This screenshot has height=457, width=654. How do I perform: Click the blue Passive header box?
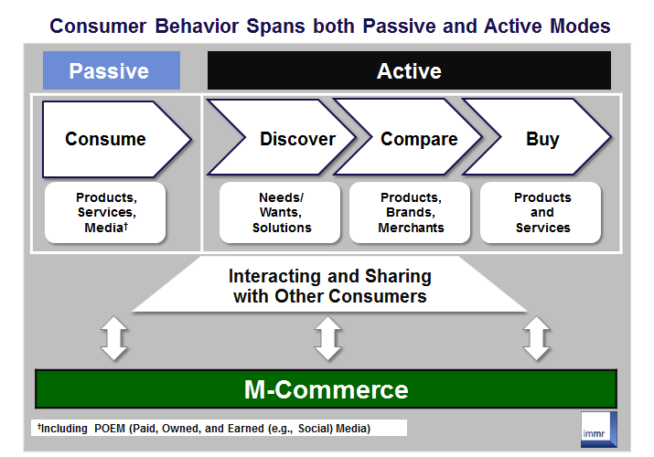coord(112,70)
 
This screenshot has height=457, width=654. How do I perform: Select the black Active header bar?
coord(409,70)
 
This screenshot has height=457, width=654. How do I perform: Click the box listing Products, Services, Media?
coord(105,212)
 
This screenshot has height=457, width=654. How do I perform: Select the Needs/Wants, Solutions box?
coord(281,212)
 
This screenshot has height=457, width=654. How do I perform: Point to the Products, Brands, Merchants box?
coord(410,212)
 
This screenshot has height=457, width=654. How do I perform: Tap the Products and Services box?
coord(541,212)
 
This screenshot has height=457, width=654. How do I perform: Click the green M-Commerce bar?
coord(326,389)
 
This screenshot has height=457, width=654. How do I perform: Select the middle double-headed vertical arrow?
coord(327,337)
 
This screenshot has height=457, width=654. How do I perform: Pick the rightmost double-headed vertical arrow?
coord(537,337)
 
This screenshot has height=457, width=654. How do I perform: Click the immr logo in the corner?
coord(599,428)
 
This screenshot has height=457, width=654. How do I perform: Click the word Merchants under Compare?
coord(410,227)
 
